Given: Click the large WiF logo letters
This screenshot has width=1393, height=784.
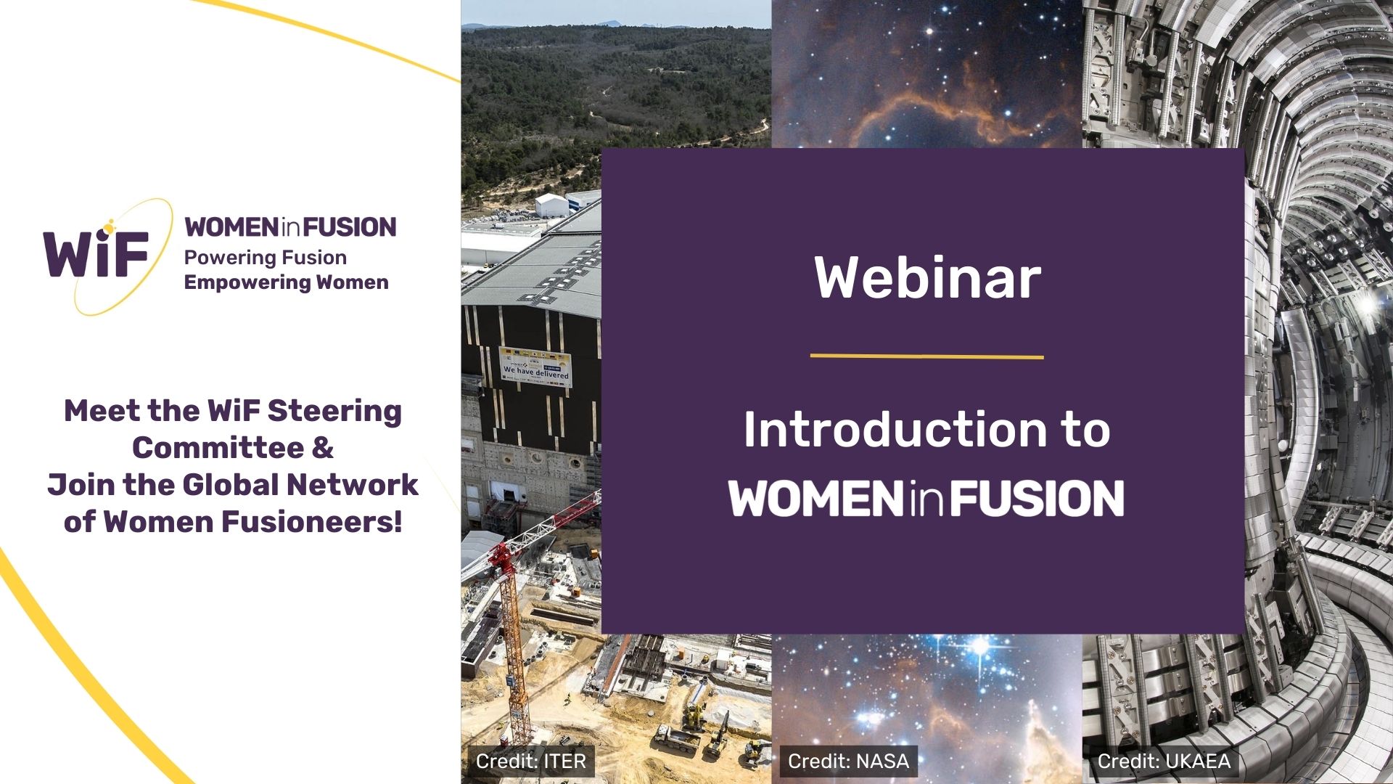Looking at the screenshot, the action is (x=96, y=253).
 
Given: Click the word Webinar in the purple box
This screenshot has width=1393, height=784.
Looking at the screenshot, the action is (x=927, y=277).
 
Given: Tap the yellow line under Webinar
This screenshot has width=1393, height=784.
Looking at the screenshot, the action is (x=926, y=356).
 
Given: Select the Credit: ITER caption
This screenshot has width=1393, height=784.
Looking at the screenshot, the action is (x=531, y=761).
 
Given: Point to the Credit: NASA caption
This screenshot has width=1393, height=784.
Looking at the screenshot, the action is (x=848, y=761).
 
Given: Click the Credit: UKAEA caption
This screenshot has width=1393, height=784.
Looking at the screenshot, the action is (x=1164, y=761).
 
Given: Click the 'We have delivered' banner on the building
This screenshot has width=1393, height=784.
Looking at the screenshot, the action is (x=535, y=367).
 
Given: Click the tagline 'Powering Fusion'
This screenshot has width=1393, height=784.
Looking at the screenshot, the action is (x=266, y=258).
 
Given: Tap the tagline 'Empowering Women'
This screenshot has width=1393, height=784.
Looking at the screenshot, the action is (x=287, y=282).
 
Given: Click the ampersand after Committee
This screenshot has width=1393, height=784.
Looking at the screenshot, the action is (x=323, y=448).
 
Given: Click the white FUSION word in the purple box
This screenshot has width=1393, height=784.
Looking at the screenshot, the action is (x=1037, y=498).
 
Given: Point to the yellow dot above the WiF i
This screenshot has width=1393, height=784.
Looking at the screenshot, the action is (x=110, y=229).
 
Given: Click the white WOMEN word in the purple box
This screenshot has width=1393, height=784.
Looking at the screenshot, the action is (x=818, y=498).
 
